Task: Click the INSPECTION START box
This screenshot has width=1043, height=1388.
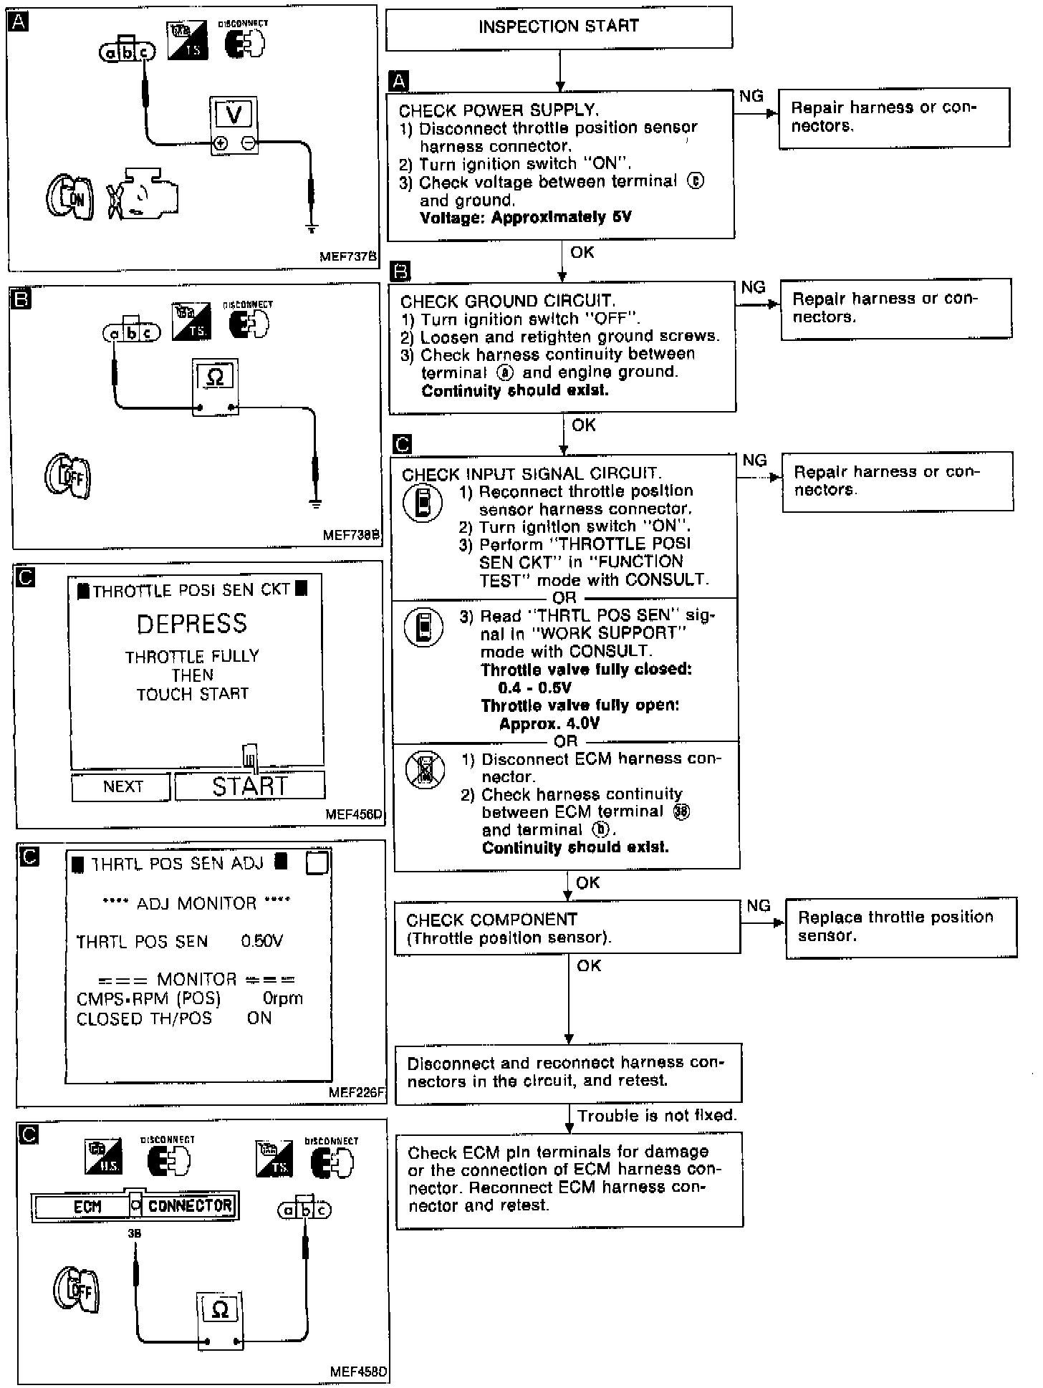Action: point(559,28)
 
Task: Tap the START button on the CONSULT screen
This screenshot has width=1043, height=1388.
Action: point(250,786)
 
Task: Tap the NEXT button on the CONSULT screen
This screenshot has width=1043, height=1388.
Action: point(122,786)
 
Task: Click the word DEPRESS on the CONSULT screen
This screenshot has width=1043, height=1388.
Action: point(192,624)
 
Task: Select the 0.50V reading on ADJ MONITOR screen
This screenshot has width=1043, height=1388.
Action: point(262,941)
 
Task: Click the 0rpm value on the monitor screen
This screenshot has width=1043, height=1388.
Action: point(283,998)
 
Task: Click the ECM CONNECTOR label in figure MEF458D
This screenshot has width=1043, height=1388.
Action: point(135,1206)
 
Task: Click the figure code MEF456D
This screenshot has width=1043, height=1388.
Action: point(354,814)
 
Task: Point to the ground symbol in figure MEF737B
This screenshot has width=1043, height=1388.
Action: point(311,229)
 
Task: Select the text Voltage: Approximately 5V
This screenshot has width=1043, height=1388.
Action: point(526,218)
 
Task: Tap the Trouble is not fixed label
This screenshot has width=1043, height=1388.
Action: point(657,1116)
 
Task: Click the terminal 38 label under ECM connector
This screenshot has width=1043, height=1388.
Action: point(134,1234)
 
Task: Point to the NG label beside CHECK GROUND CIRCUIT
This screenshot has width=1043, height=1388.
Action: point(753,287)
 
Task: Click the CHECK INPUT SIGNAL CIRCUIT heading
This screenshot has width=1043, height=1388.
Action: point(530,473)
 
